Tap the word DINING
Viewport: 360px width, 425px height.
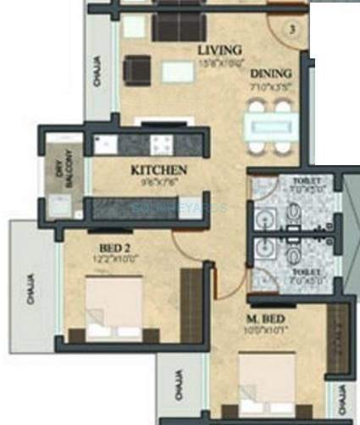[271, 74]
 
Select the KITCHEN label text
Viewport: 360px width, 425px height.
[158, 170]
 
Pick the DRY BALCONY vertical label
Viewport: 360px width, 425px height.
[59, 165]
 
